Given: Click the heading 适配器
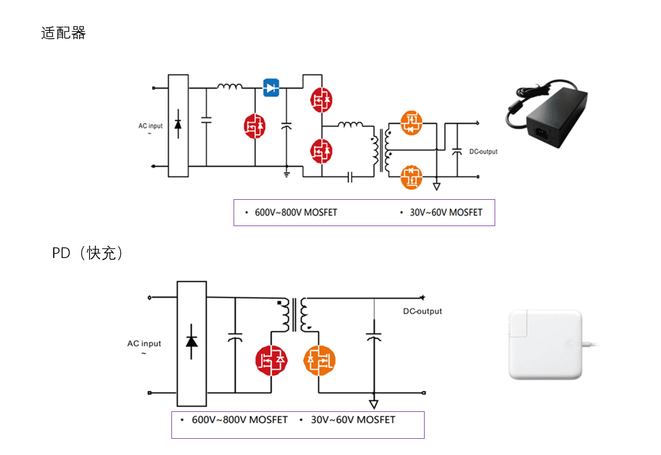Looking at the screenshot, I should pyautogui.click(x=63, y=33).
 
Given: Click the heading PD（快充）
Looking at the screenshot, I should pyautogui.click(x=87, y=254).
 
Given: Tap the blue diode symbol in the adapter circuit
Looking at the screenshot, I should pyautogui.click(x=272, y=87).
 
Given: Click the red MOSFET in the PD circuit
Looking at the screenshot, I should pyautogui.click(x=272, y=360).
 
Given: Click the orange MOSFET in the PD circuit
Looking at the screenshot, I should pyautogui.click(x=319, y=360).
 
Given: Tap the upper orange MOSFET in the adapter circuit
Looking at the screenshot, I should pyautogui.click(x=412, y=123).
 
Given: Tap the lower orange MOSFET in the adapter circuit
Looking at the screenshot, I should pyautogui.click(x=412, y=177).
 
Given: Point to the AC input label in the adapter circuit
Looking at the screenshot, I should pyautogui.click(x=151, y=126).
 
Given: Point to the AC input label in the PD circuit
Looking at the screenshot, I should pyautogui.click(x=144, y=344).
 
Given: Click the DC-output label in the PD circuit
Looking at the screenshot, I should pyautogui.click(x=422, y=311).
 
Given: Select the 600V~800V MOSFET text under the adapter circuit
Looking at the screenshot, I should pyautogui.click(x=296, y=213).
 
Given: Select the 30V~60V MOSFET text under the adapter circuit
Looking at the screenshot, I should pyautogui.click(x=445, y=213).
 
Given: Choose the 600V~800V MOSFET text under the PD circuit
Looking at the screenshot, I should pyautogui.click(x=240, y=420).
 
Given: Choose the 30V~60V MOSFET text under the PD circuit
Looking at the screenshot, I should pyautogui.click(x=353, y=420).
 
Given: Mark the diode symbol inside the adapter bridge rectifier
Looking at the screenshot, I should pyautogui.click(x=178, y=126).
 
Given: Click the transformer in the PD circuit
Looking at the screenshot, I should pyautogui.click(x=295, y=315).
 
